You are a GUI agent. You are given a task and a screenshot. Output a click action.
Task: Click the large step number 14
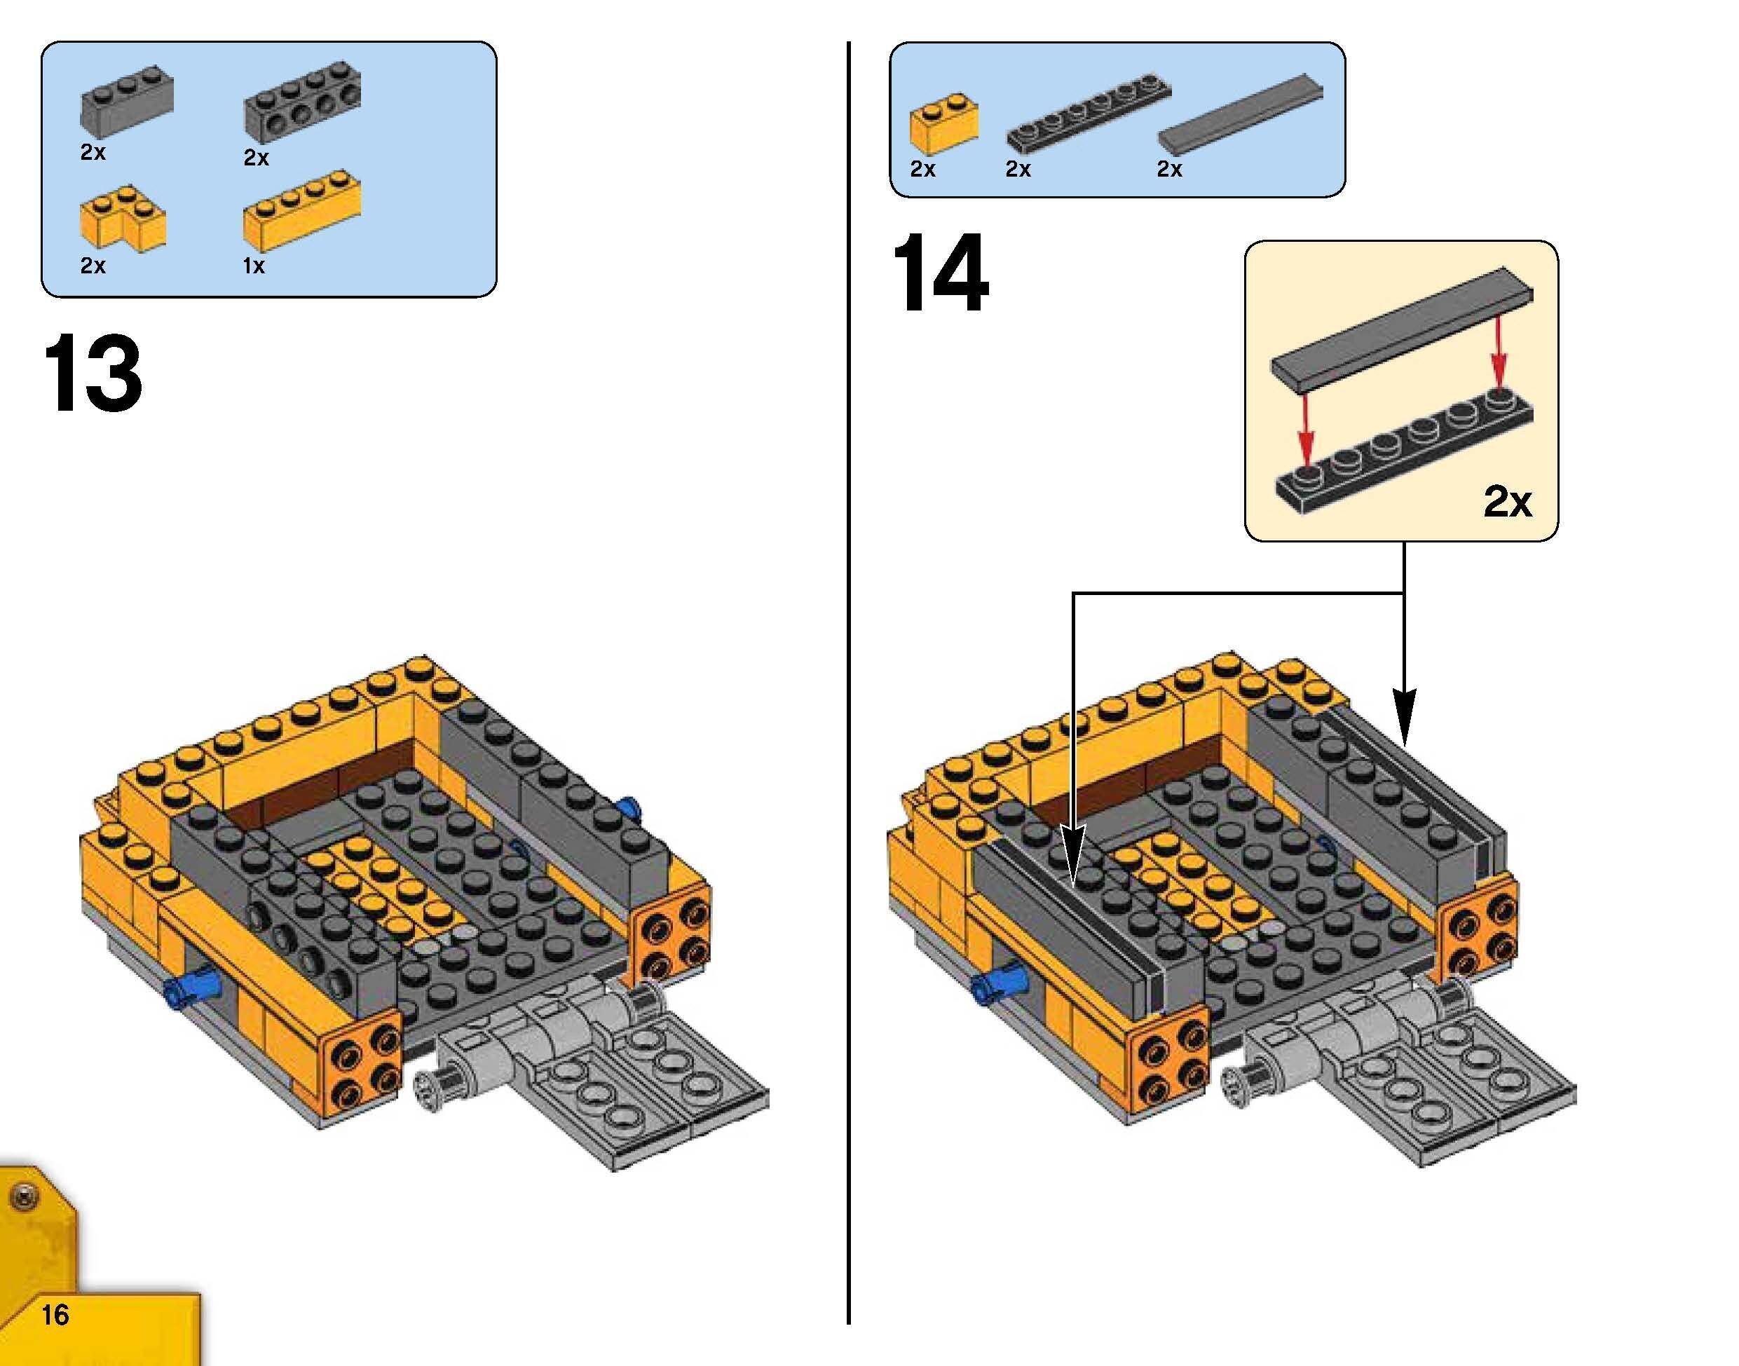click(x=940, y=273)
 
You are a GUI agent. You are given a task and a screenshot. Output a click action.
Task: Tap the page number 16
click(x=55, y=1314)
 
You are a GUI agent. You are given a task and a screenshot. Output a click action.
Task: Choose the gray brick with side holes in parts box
click(x=301, y=108)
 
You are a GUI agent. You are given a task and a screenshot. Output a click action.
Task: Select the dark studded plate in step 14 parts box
click(x=1088, y=114)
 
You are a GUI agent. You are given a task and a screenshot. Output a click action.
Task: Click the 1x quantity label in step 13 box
click(x=254, y=266)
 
